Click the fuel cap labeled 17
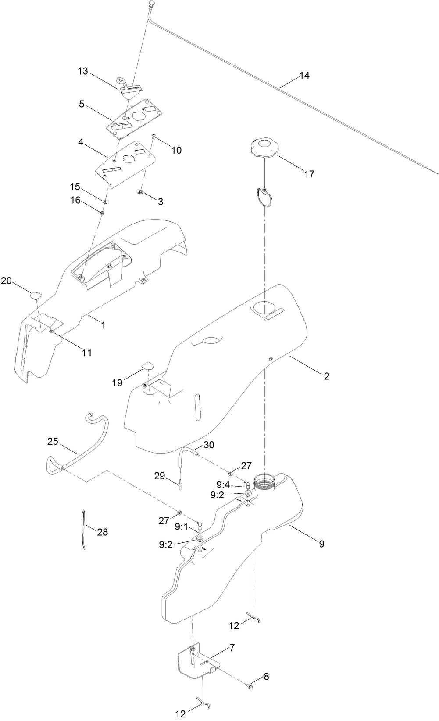tap(264, 149)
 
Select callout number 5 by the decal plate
tap(82, 104)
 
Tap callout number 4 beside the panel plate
tap(81, 142)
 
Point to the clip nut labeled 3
tap(139, 191)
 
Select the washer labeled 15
tap(105, 202)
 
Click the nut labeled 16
tap(102, 213)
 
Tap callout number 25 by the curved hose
tap(53, 441)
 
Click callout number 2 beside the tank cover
tap(326, 376)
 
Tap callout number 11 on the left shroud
tap(87, 352)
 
